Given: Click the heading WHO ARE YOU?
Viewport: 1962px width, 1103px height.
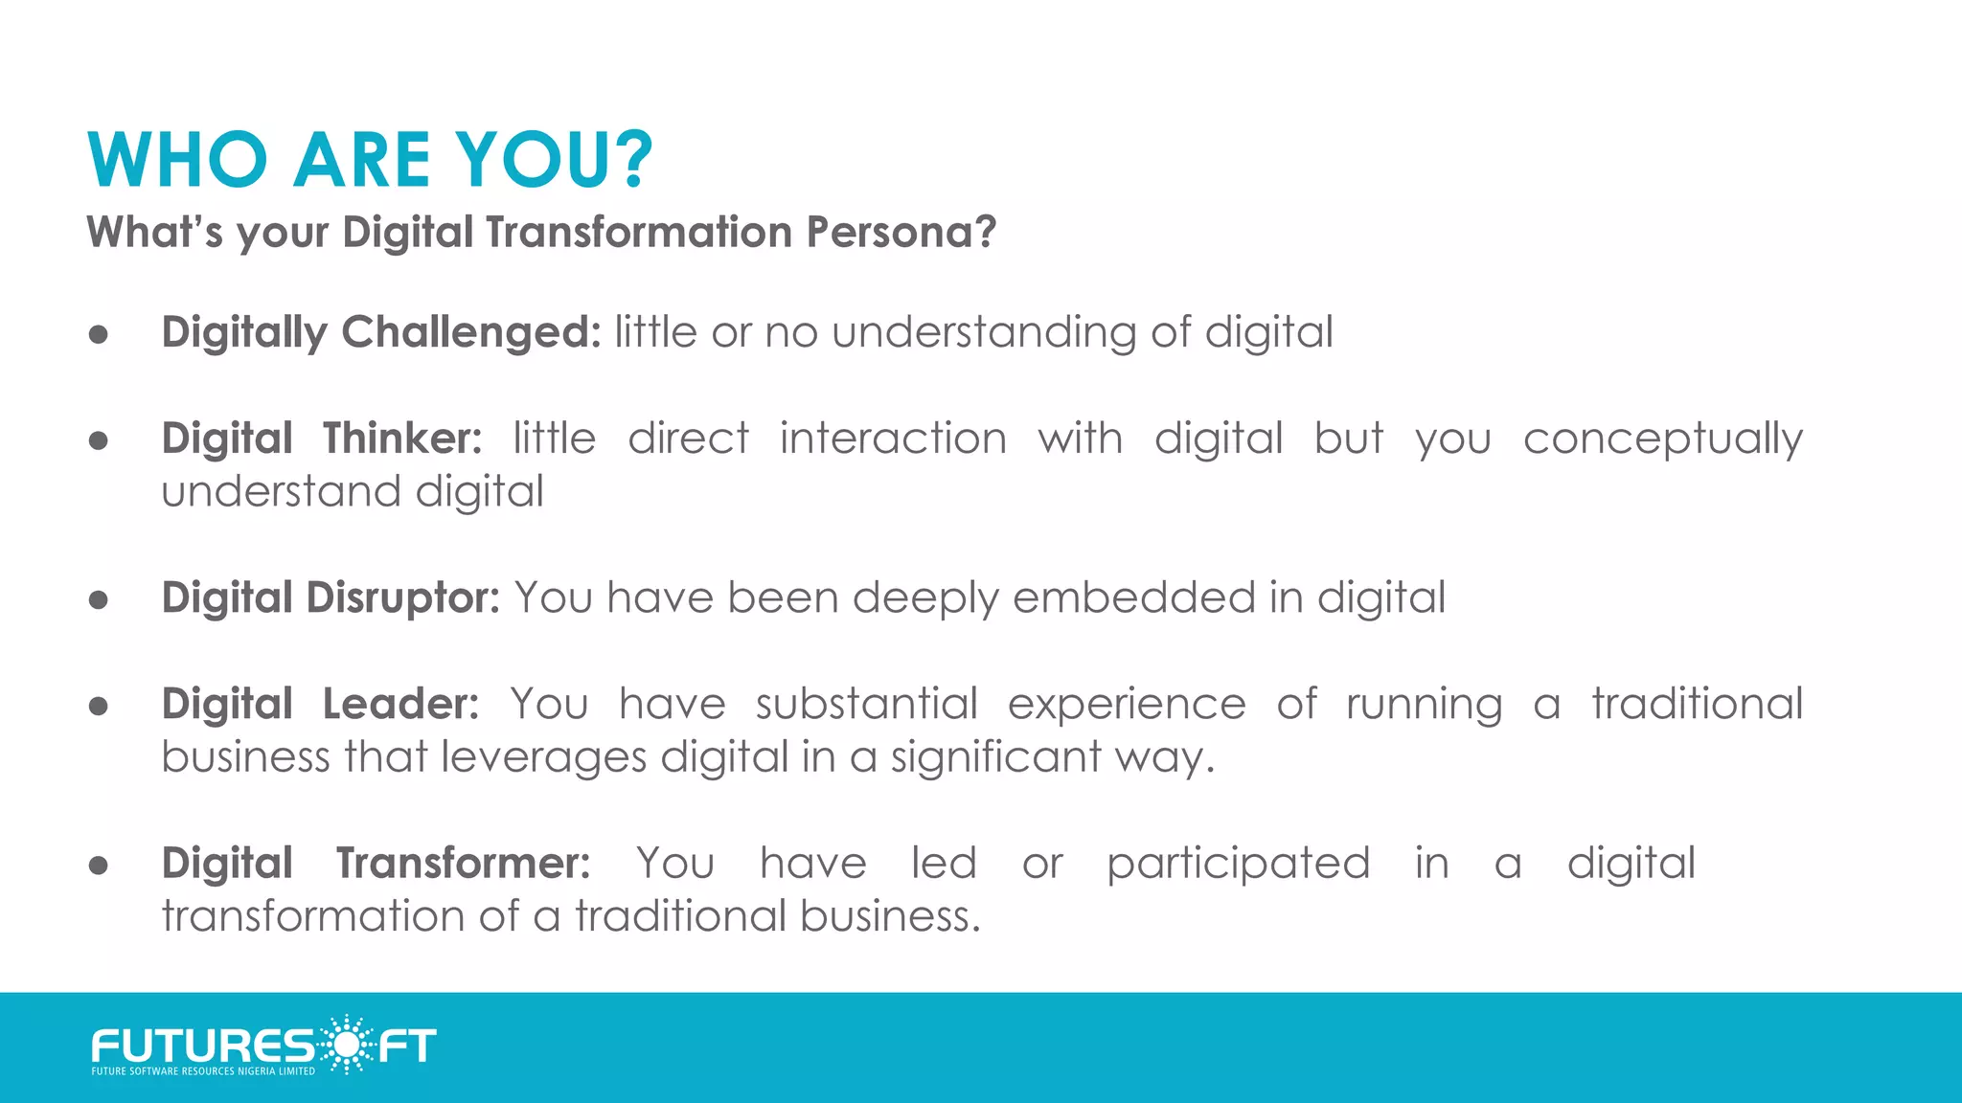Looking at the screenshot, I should click(x=369, y=160).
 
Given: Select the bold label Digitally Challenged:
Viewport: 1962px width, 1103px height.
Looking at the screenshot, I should click(x=380, y=332).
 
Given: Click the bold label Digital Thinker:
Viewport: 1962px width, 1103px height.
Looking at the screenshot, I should click(x=322, y=439).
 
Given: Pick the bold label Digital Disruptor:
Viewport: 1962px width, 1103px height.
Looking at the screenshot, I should click(x=331, y=597).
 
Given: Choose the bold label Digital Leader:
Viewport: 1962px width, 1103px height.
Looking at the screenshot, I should click(x=320, y=704).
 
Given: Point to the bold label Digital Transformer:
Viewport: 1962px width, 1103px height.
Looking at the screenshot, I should click(x=376, y=863).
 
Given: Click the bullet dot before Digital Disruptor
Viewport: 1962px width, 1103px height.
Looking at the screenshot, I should click(x=98, y=600).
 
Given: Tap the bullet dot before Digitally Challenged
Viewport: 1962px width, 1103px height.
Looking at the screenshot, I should click(x=98, y=335).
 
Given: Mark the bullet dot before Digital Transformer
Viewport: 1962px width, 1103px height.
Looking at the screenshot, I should click(x=98, y=866).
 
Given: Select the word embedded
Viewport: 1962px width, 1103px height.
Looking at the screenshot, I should click(x=1133, y=597).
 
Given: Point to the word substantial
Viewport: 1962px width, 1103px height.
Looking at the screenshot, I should click(x=866, y=704).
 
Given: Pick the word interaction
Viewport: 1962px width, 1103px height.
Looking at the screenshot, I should click(x=892, y=439).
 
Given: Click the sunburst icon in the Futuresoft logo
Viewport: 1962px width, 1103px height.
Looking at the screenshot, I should click(x=345, y=1044).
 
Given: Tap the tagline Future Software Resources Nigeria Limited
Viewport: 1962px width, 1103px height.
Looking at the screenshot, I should click(x=203, y=1071).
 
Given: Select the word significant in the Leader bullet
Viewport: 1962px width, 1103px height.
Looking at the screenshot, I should click(x=995, y=757).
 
